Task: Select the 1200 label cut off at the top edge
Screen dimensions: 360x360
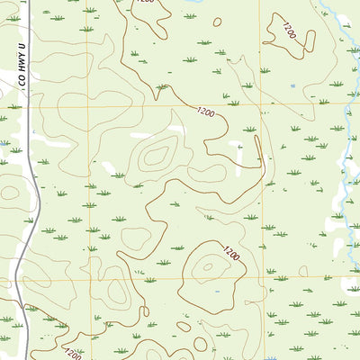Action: coord(143,3)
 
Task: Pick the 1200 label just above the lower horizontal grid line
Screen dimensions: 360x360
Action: coord(231,255)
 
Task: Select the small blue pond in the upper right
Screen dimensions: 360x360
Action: coord(292,86)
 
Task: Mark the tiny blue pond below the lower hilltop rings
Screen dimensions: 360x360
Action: coord(219,292)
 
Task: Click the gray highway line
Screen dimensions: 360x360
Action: coord(34,180)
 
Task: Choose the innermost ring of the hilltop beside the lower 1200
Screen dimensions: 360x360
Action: coord(210,266)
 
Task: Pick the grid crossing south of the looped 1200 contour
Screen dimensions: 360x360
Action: coord(260,105)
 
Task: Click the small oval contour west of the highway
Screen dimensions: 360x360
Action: coord(9,191)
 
